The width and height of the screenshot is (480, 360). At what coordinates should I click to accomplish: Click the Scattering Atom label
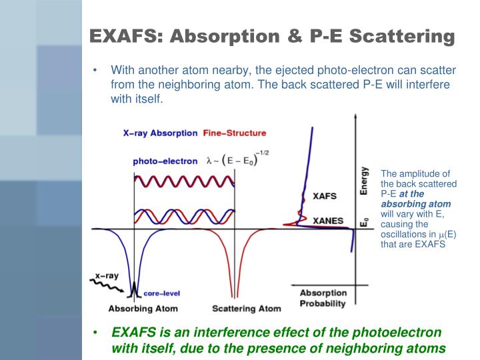click(x=247, y=309)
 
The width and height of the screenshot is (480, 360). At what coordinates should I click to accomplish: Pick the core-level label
click(x=162, y=293)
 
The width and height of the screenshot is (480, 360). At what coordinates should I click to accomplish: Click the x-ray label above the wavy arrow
click(x=106, y=275)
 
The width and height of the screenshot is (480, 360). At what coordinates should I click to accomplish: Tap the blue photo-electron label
click(x=165, y=161)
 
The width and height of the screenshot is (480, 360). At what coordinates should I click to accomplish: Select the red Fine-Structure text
click(x=234, y=133)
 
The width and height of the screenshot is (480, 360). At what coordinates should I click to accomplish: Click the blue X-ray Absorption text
click(x=160, y=133)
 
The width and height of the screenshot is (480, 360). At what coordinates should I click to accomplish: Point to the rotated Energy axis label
click(x=364, y=180)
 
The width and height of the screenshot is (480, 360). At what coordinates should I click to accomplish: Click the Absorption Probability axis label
click(x=323, y=298)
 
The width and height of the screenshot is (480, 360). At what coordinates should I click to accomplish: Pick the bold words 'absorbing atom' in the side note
click(x=416, y=203)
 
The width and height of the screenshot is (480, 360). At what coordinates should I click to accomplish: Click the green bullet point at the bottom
click(x=97, y=332)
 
